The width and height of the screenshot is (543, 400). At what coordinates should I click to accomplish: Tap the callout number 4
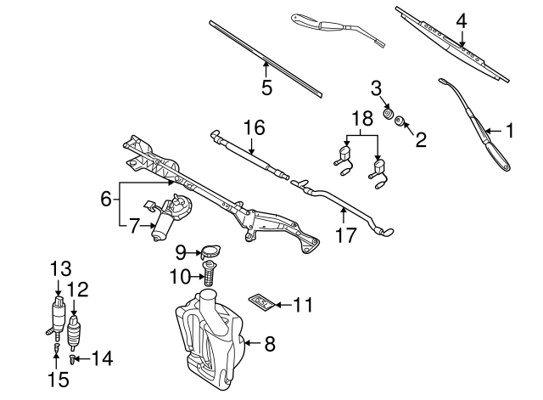pyautogui.click(x=461, y=20)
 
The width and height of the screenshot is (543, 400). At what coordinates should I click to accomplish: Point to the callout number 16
pyautogui.click(x=254, y=127)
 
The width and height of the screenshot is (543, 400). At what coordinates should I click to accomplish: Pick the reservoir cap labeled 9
pyautogui.click(x=208, y=251)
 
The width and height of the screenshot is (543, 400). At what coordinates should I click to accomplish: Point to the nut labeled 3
pyautogui.click(x=386, y=113)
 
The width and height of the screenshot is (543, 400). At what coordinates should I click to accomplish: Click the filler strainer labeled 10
pyautogui.click(x=208, y=274)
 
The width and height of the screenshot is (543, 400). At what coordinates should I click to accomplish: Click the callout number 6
pyautogui.click(x=106, y=200)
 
